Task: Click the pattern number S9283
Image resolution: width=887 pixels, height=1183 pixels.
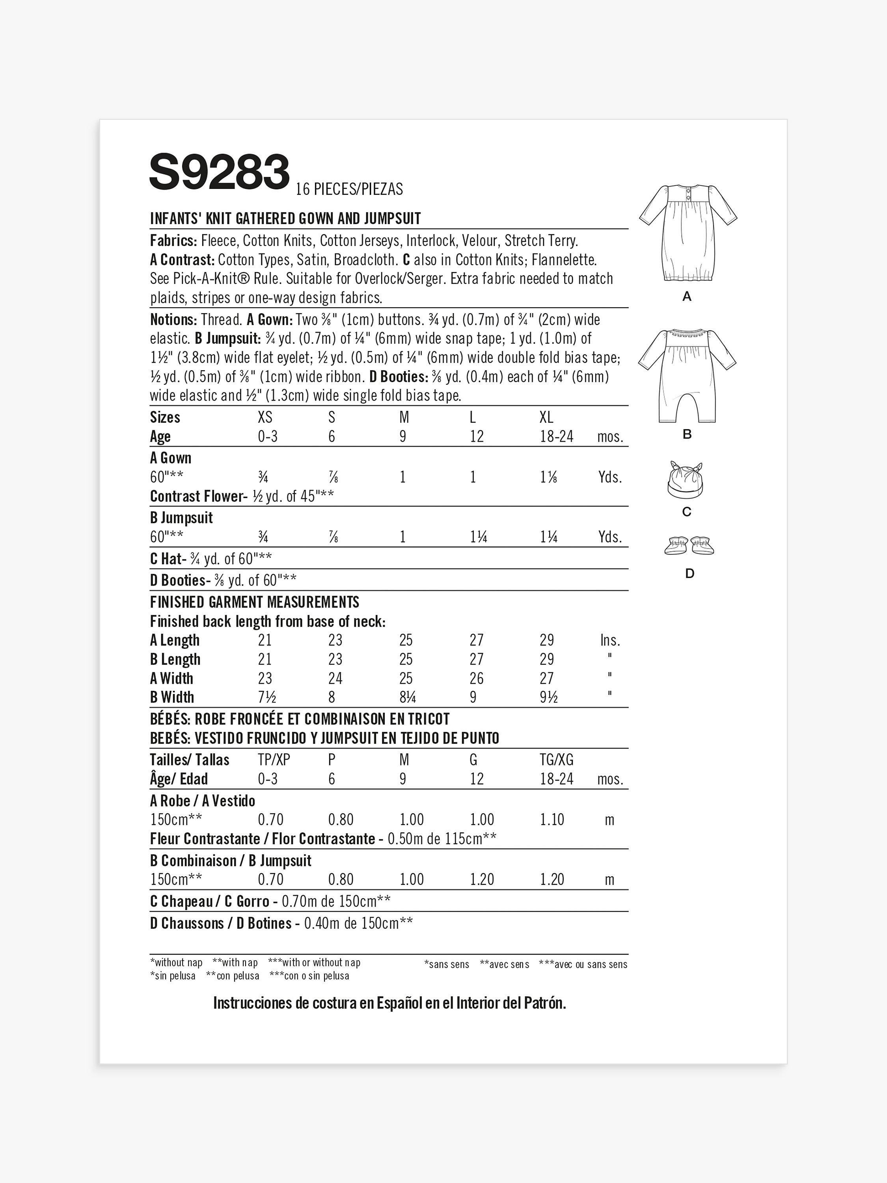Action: tap(219, 172)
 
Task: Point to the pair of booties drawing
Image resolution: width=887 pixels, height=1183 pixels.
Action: tap(689, 545)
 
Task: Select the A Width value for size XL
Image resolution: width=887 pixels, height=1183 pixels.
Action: tap(546, 678)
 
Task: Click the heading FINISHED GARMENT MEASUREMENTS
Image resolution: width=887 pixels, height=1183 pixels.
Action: tap(255, 602)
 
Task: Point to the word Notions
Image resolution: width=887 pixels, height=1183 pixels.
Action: tap(173, 320)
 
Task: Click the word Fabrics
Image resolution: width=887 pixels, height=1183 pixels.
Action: tap(173, 241)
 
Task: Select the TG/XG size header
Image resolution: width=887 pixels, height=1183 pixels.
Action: tap(557, 759)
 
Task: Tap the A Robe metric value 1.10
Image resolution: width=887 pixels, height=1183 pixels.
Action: tap(552, 819)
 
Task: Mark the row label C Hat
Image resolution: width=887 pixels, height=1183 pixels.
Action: tap(166, 559)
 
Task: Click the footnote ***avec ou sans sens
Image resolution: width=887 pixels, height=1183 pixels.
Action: tap(583, 964)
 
